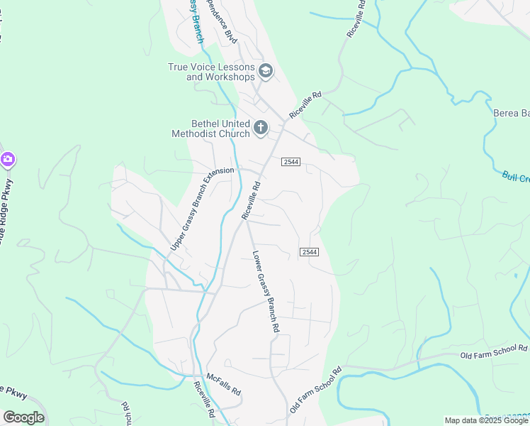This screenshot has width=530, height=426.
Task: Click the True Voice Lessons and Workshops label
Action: [211, 72]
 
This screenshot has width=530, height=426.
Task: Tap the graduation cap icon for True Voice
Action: [266, 70]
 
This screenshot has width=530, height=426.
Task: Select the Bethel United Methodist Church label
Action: [211, 128]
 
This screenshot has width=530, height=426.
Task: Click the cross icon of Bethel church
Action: [261, 128]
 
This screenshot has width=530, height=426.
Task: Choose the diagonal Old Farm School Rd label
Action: [315, 391]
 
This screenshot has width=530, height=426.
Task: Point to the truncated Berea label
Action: [511, 113]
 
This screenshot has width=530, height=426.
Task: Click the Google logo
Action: [23, 417]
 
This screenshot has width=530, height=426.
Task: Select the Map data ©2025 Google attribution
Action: [486, 420]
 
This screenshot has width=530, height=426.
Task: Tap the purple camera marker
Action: [8, 160]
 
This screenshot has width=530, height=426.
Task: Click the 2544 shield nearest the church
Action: [291, 162]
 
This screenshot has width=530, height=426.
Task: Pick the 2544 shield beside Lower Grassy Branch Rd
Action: [308, 252]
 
